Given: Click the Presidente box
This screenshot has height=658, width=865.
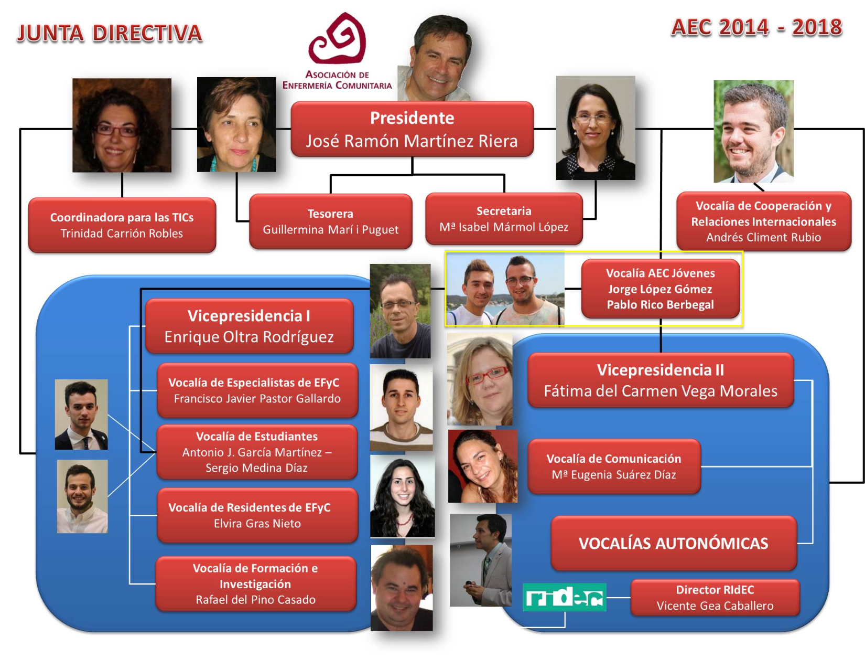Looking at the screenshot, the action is click(412, 129).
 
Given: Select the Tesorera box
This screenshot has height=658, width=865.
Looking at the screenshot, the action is click(331, 221).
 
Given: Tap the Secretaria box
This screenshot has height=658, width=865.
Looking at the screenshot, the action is click(504, 219).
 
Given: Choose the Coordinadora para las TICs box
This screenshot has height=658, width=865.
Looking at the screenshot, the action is click(122, 225).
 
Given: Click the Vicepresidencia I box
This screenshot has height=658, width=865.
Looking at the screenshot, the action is click(249, 326).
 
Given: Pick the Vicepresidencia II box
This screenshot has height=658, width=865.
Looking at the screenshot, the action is click(661, 380).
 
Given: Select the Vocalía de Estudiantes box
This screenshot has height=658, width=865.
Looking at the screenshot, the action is click(257, 452).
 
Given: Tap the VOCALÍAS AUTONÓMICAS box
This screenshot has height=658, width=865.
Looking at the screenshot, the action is click(674, 543).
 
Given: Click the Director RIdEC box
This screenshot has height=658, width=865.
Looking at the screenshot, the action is click(715, 598).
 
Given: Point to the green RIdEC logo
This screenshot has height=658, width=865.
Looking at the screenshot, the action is click(564, 597).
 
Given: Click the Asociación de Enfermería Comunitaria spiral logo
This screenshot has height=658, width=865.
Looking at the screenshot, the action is click(337, 38).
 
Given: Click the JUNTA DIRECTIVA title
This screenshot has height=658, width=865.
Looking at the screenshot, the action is click(110, 33).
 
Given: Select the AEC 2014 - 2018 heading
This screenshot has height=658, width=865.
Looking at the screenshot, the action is click(756, 28).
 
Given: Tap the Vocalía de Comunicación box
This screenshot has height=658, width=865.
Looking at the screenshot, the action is click(614, 466).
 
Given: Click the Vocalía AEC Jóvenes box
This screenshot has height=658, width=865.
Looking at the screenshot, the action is click(661, 289).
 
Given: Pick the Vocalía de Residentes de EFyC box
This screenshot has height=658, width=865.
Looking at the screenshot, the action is click(257, 515).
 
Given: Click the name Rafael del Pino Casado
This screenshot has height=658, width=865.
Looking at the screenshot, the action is click(256, 600).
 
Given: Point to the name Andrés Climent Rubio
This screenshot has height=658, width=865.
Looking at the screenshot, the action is click(764, 237).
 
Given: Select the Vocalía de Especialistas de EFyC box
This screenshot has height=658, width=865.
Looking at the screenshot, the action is click(257, 390).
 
